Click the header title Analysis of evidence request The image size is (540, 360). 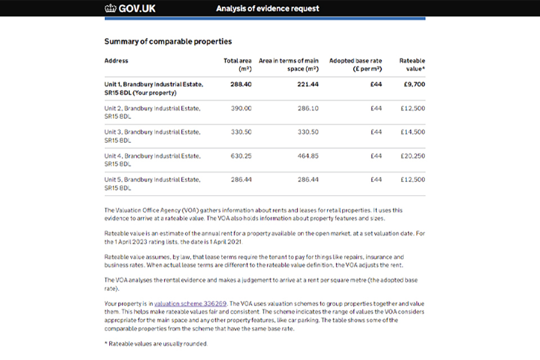click(267, 8)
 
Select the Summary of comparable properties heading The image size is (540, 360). click(168, 42)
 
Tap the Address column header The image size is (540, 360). click(116, 61)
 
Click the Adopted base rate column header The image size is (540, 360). click(355, 65)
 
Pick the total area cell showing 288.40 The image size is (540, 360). click(241, 84)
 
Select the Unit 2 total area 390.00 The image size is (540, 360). click(241, 108)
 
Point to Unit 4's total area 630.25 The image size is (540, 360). click(241, 156)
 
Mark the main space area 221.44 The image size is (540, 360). click(308, 84)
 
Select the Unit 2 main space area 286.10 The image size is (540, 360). click(308, 108)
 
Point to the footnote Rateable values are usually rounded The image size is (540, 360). click(156, 344)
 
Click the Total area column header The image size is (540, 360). click(237, 65)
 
